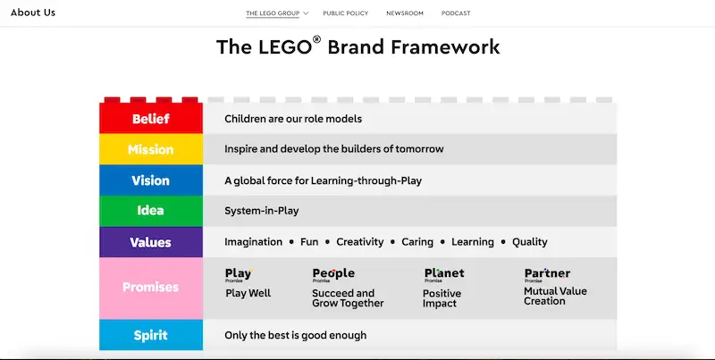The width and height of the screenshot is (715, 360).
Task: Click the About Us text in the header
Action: click(x=33, y=13)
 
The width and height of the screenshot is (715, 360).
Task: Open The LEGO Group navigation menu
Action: click(x=276, y=13)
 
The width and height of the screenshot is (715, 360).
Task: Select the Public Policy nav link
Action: click(x=345, y=13)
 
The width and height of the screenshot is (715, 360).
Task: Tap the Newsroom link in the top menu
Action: click(x=405, y=13)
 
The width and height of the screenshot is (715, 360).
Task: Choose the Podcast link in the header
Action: click(x=456, y=13)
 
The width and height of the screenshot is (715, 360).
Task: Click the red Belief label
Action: click(x=150, y=119)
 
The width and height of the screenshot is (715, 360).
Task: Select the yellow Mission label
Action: click(x=150, y=149)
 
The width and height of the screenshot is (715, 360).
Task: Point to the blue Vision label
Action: click(x=150, y=180)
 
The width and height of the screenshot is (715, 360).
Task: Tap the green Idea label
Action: click(x=150, y=211)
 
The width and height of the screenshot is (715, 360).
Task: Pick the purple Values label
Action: click(x=150, y=242)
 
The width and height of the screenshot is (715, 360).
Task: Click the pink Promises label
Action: click(x=150, y=288)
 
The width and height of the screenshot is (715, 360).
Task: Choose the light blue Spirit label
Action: click(x=150, y=335)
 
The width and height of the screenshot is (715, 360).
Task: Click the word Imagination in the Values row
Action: click(x=253, y=242)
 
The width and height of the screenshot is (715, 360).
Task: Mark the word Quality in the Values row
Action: click(x=530, y=242)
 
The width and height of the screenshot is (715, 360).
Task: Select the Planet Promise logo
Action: click(x=444, y=275)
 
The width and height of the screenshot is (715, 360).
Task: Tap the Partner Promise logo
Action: click(x=547, y=275)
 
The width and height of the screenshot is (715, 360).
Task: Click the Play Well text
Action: click(x=248, y=293)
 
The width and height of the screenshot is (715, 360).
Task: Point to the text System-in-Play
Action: click(x=261, y=211)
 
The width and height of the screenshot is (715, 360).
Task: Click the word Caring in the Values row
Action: click(x=417, y=242)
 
